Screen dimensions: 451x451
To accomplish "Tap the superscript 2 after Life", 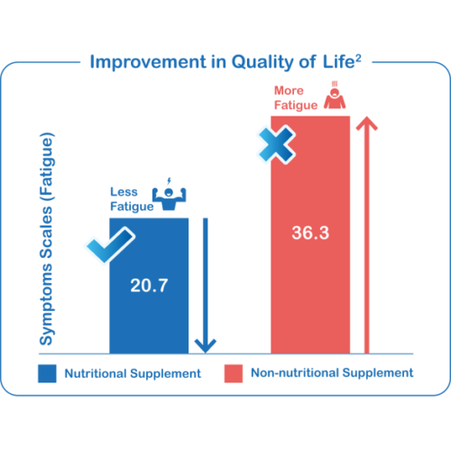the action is coord(358,59).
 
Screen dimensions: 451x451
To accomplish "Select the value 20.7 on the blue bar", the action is coord(149,285).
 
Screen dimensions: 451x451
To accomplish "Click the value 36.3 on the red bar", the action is coord(310,233).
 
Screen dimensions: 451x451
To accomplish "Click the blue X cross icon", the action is coord(277,144).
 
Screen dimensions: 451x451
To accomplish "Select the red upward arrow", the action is coord(366,235).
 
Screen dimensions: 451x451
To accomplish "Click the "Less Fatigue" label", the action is coord(132,199).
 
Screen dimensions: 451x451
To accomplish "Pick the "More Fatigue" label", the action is coord(296,98).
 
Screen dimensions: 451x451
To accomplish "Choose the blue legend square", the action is coord(47,373).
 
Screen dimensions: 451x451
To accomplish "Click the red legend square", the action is coord(234,373).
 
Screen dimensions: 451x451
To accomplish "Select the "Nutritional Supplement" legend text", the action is coord(133,373).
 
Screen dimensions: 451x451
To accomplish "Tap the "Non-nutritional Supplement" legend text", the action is coord(332,373).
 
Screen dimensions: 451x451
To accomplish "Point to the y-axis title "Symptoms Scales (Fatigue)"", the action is coord(47,239).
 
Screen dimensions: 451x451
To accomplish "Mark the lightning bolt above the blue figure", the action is coord(169,181).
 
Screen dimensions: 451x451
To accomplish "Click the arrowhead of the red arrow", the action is coord(367,123).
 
